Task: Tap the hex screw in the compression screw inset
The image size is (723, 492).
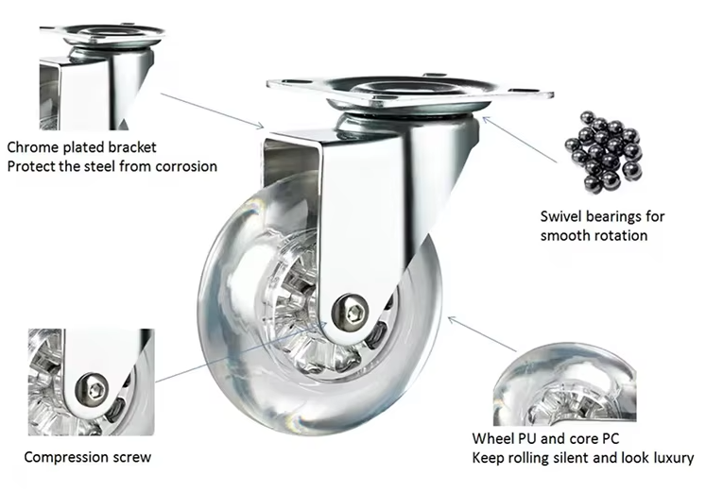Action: click(x=93, y=388)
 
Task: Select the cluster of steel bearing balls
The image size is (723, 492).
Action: click(x=603, y=152)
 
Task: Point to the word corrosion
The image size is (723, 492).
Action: click(x=186, y=166)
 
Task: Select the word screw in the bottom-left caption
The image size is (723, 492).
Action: click(x=131, y=457)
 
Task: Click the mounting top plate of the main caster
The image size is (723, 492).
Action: click(x=409, y=93)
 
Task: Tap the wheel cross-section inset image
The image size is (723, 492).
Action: click(x=565, y=383)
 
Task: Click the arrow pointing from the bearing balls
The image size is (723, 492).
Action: click(x=520, y=140)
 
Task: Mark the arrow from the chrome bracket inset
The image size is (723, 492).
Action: click(x=213, y=110)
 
